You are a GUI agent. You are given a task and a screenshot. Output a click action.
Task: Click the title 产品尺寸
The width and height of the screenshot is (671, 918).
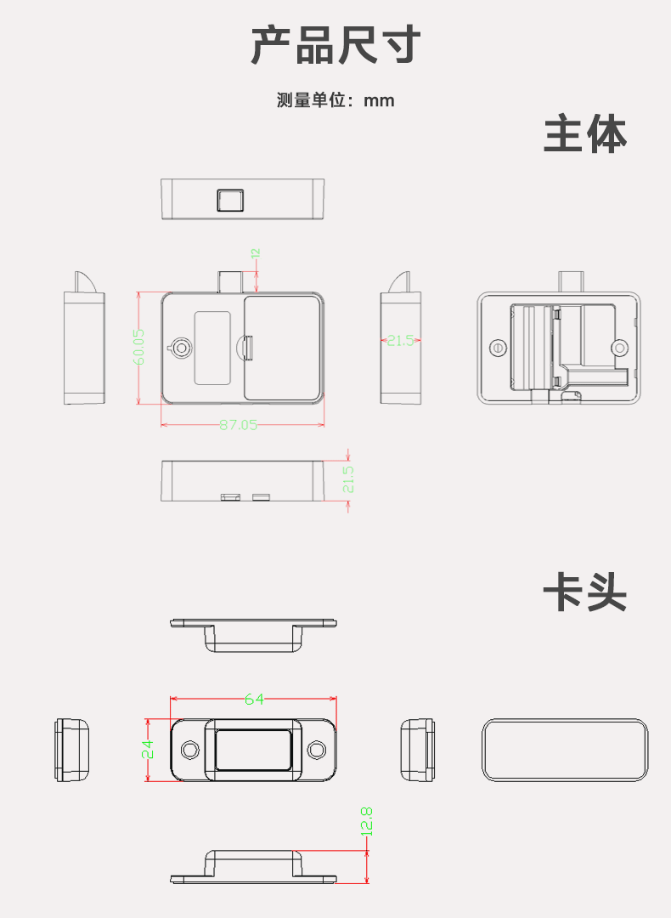[335, 45]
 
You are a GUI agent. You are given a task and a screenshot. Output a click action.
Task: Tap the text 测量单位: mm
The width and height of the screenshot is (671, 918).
[335, 100]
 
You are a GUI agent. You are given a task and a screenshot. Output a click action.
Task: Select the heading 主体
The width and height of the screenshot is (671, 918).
[584, 135]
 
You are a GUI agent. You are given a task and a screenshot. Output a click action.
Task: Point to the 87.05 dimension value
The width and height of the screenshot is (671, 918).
[238, 424]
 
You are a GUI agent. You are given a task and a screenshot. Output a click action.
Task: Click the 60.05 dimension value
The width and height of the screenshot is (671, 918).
[139, 348]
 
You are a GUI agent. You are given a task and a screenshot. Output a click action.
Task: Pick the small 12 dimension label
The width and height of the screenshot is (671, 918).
[255, 253]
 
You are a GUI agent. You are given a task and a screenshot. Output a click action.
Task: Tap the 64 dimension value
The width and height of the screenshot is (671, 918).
[254, 700]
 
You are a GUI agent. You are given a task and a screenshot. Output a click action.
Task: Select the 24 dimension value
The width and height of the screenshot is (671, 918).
[148, 749]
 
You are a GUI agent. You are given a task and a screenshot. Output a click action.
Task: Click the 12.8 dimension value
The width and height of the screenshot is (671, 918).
[367, 821]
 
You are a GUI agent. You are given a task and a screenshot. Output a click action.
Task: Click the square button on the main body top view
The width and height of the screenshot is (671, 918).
[229, 200]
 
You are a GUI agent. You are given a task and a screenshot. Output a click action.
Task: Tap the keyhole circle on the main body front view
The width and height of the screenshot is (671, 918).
[182, 347]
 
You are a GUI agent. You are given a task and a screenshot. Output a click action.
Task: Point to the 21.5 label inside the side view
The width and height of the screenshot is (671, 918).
[400, 340]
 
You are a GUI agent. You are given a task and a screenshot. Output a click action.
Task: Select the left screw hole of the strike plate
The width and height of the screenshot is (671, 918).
[190, 750]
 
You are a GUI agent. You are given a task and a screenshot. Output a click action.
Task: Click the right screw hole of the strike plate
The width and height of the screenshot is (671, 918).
[317, 750]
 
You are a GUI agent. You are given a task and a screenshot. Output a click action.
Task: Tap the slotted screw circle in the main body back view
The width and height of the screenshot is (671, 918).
[498, 348]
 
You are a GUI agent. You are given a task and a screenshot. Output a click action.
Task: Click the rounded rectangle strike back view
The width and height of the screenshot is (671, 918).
[563, 750]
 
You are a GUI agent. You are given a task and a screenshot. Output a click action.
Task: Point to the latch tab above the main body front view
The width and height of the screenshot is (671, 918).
[230, 280]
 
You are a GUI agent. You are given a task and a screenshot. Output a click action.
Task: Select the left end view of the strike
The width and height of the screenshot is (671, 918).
[72, 750]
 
